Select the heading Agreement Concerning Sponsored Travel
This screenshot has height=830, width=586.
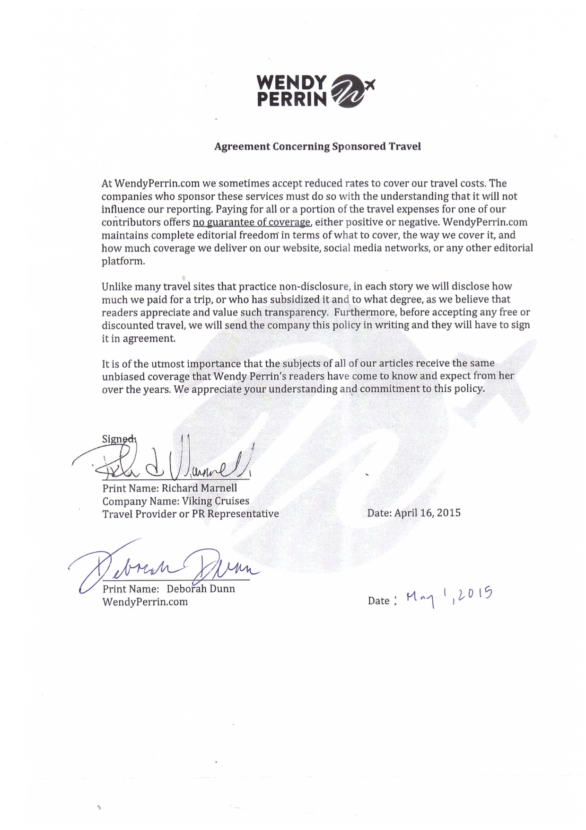coord(317,146)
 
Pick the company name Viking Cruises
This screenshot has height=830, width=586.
coord(216,501)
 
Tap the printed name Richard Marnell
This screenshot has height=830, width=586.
coord(199,488)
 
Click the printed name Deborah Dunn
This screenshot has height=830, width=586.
coord(201,589)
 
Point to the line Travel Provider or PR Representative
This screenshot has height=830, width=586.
coord(191,513)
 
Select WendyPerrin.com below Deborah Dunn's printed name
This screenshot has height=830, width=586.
coord(145,602)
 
